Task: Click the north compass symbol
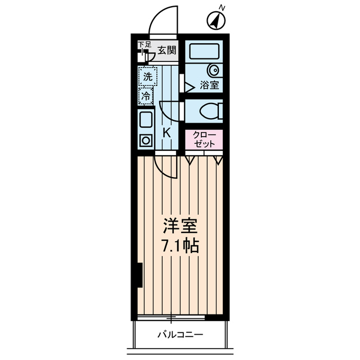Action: click(218, 20)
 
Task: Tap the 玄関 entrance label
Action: click(166, 50)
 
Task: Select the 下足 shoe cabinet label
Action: click(145, 44)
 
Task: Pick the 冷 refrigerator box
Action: click(146, 96)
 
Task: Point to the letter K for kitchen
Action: click(166, 133)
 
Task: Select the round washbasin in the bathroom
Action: click(214, 71)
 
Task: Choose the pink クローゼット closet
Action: click(204, 139)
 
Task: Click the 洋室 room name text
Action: click(181, 227)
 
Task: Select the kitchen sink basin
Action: click(146, 120)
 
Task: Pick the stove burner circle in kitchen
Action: click(146, 140)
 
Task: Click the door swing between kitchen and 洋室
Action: click(164, 166)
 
